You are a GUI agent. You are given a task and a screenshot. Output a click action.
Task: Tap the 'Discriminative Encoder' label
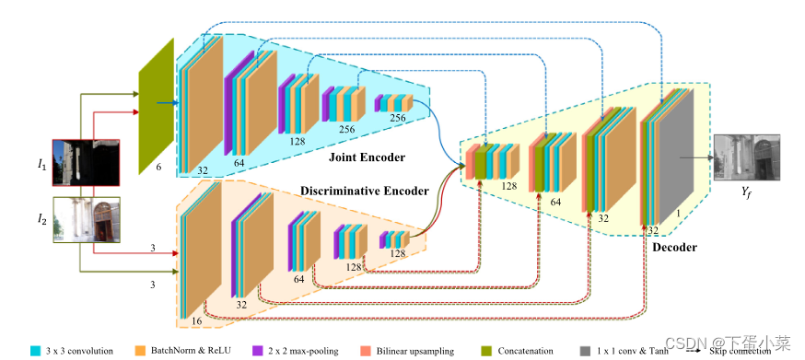[x=365, y=192]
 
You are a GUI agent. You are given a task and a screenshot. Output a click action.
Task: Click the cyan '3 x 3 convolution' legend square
[x=35, y=350]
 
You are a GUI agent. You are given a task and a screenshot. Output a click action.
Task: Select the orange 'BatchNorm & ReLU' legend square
[x=141, y=350]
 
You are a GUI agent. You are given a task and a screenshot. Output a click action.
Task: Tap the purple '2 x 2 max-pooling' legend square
[x=257, y=350]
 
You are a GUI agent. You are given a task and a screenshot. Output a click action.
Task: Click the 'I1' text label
[x=41, y=164]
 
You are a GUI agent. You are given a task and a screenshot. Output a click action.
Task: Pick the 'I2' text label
[x=41, y=218]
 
